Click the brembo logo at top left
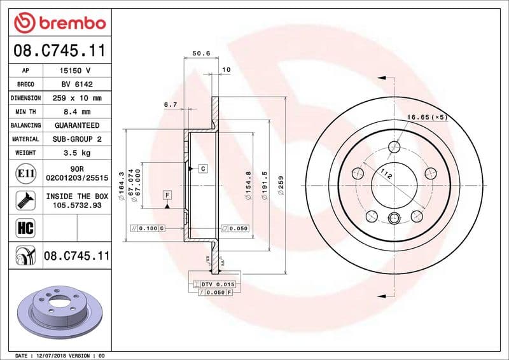pos(60,24)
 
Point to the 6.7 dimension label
pos(170,104)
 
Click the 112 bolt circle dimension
pos(386,172)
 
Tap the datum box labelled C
pos(202,169)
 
